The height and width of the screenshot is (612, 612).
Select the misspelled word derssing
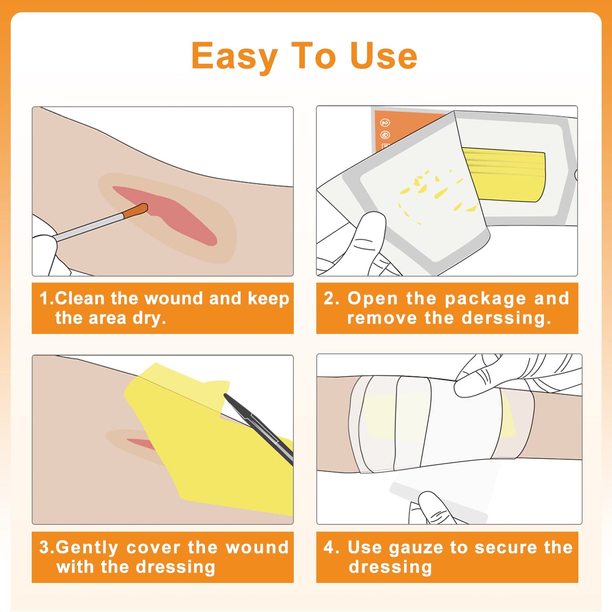[507, 318]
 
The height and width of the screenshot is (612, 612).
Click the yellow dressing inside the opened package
[504, 174]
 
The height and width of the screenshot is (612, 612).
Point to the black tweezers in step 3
[258, 428]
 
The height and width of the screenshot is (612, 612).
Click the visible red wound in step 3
[140, 443]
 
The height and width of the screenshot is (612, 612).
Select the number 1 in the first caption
[44, 298]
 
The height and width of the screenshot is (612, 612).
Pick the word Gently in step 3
[87, 548]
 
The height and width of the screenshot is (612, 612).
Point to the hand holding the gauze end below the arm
[432, 508]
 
